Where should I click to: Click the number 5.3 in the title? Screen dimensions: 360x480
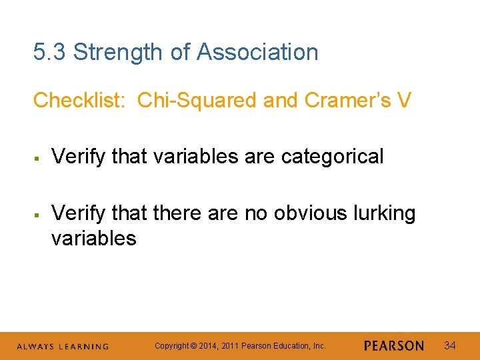pos(50,52)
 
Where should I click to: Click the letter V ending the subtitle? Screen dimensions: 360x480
pos(403,100)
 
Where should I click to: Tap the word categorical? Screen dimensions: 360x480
pos(333,157)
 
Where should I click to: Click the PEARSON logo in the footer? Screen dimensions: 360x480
pos(394,346)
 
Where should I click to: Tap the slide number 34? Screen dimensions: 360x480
pos(450,345)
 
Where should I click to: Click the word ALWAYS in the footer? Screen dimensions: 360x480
pos(35,347)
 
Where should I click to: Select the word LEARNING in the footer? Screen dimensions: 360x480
pos(83,347)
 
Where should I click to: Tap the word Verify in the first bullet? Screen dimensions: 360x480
pos(79,157)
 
